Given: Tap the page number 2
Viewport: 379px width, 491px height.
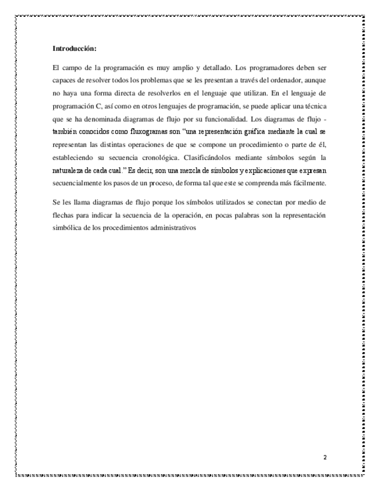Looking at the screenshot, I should pyautogui.click(x=325, y=457).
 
